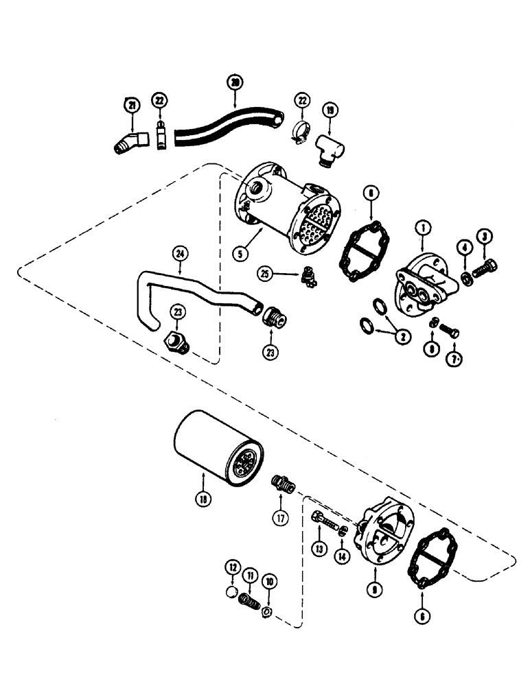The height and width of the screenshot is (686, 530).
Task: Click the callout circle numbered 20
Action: click(235, 83)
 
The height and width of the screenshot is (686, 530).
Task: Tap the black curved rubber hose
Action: click(227, 130)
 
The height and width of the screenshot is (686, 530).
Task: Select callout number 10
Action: click(268, 581)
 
